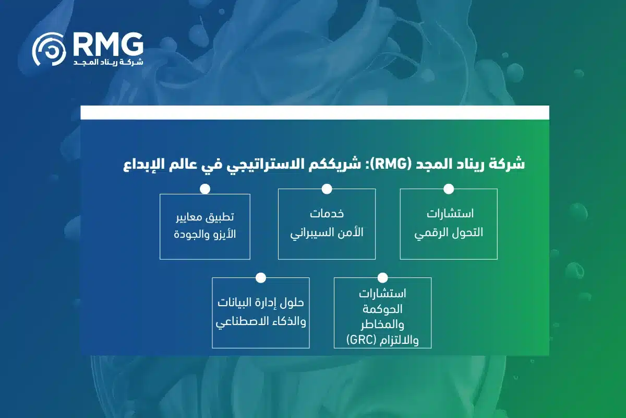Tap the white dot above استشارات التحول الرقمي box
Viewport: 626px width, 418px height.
pos(449,189)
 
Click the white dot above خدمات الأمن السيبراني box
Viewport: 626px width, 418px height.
pos(327,189)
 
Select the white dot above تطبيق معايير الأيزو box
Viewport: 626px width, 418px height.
pos(205,189)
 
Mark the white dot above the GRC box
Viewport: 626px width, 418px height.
pos(382,277)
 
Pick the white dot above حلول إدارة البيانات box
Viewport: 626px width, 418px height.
pos(261,277)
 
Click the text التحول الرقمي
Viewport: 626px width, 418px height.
pos(449,233)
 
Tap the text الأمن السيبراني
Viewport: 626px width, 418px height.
pos(327,233)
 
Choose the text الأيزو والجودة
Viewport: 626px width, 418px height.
pos(205,233)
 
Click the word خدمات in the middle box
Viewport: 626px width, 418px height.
pos(327,214)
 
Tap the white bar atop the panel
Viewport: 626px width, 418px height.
pos(315,112)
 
